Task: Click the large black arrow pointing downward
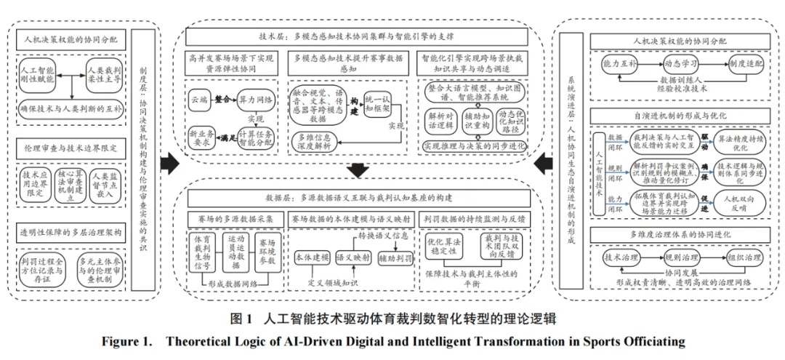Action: point(357,172)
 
